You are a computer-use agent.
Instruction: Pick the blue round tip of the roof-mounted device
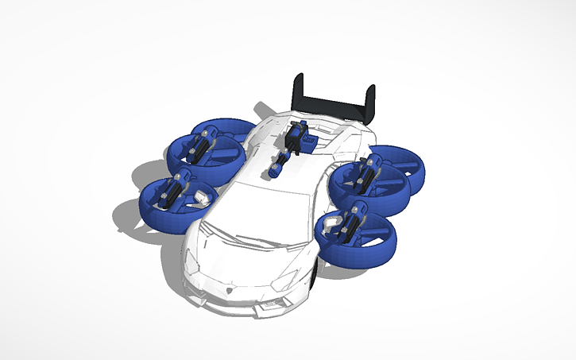pos(276,169)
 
